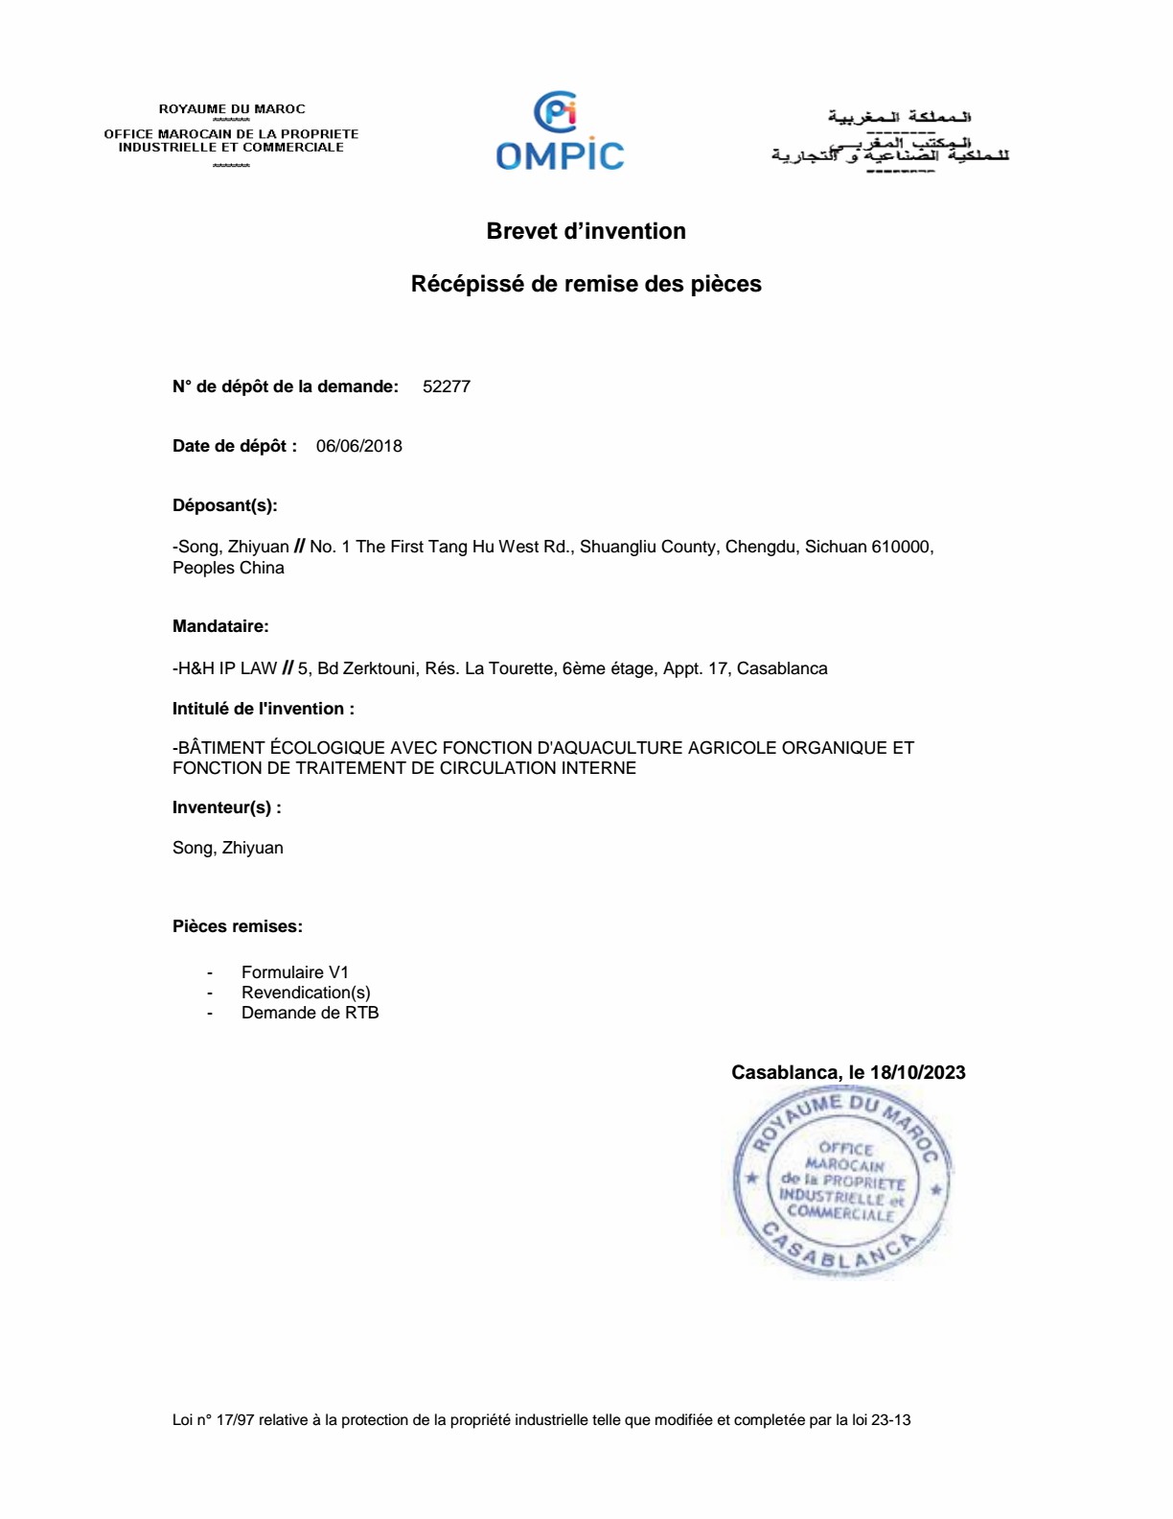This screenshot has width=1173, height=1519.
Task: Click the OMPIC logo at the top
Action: pos(560,132)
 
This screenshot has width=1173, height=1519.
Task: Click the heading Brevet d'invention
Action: pos(586,231)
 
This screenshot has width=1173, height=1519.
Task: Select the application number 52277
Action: pos(446,386)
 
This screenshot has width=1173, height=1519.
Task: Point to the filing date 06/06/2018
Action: pos(358,446)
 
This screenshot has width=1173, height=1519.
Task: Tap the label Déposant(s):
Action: pos(224,505)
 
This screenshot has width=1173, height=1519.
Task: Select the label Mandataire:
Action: pos(220,626)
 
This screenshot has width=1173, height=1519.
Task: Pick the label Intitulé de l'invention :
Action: pos(263,709)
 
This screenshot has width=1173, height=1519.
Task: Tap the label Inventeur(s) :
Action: pos(226,807)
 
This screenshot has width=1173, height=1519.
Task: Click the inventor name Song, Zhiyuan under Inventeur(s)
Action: pos(227,848)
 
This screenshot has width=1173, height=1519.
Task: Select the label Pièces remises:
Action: pos(237,926)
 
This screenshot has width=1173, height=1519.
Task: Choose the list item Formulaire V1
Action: pos(294,972)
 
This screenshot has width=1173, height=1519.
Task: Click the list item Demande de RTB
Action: pos(310,1013)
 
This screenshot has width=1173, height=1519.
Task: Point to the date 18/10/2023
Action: pos(917,1072)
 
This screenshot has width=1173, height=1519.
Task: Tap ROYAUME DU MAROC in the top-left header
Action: pos(232,109)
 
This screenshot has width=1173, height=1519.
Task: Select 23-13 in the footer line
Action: pos(890,1420)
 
